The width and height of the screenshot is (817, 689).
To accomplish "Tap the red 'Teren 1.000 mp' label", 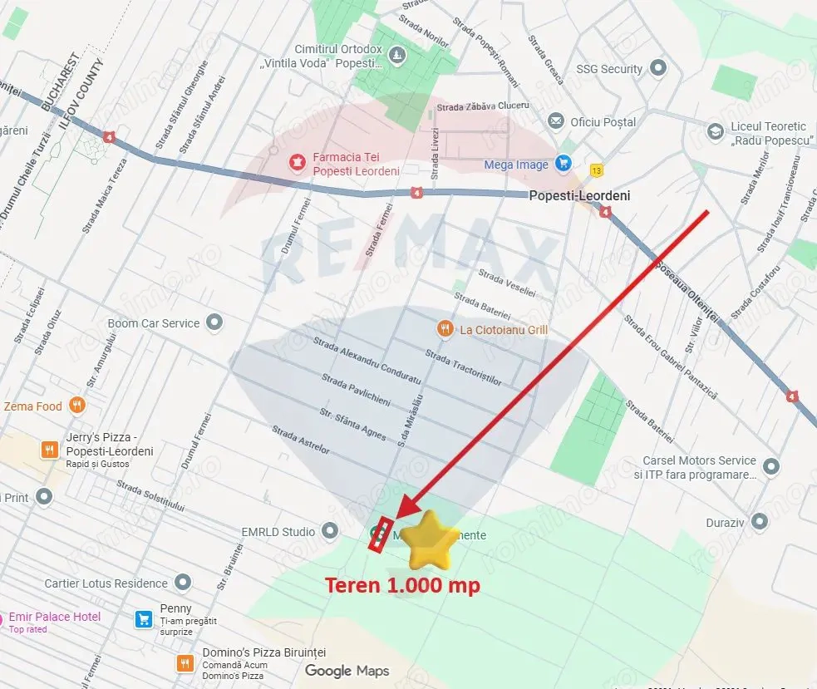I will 402,585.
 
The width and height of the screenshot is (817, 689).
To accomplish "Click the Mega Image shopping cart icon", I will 564,164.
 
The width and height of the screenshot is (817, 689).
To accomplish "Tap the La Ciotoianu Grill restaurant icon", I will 445,329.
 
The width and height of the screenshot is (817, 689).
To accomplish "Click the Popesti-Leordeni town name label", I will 579,196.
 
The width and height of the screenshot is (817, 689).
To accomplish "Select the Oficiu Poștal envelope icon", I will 556,122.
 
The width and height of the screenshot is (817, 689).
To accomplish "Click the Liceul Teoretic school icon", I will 715,132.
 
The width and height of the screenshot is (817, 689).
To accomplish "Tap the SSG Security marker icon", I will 659,68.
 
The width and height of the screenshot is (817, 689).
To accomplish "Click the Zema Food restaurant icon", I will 77,406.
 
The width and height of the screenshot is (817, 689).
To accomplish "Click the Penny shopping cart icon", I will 143,619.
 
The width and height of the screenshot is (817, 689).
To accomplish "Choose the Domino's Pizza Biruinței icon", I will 185,663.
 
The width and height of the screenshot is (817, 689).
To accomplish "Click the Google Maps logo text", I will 347,671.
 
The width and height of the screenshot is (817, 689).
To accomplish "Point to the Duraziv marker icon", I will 758,522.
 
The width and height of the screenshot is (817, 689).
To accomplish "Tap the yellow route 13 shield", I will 596,170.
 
